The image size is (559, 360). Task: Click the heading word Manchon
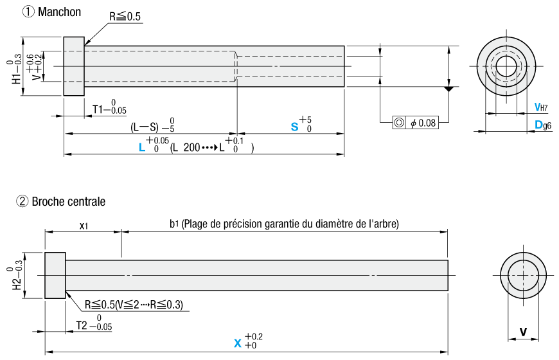[x=59, y=12]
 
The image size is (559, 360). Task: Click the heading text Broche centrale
[x=69, y=202]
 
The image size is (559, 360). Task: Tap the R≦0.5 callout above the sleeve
[x=125, y=17]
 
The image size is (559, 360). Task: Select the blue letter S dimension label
[x=294, y=127]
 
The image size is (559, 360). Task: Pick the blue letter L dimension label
[x=142, y=147]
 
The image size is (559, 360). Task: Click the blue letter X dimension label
[x=238, y=343]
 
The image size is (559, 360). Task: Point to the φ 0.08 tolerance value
[x=423, y=123]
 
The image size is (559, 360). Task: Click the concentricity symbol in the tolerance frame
[x=399, y=123]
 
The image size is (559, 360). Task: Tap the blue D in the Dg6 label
[x=538, y=125]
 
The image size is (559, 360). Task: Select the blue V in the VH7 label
[x=537, y=107]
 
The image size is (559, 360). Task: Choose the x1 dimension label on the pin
[x=84, y=226]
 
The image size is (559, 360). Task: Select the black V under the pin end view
[x=523, y=332]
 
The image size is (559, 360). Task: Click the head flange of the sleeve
[x=74, y=66]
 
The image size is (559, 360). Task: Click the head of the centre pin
[x=55, y=275]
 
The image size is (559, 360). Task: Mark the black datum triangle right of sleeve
[x=448, y=89]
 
